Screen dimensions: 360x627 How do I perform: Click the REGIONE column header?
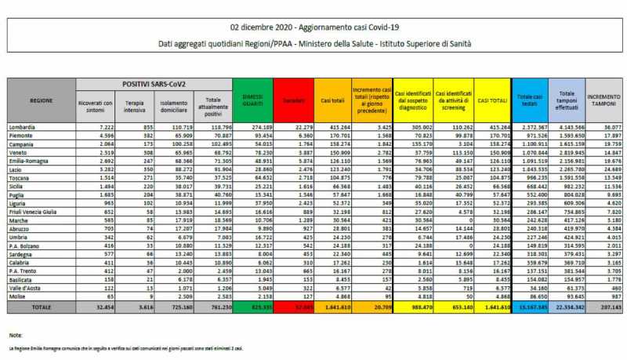pyautogui.click(x=42, y=101)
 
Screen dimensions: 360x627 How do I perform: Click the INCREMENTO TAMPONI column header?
pyautogui.click(x=603, y=100)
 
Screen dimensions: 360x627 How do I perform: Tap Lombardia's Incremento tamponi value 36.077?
pyautogui.click(x=608, y=126)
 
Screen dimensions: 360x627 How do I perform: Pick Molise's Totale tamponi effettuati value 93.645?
pyautogui.click(x=570, y=296)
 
